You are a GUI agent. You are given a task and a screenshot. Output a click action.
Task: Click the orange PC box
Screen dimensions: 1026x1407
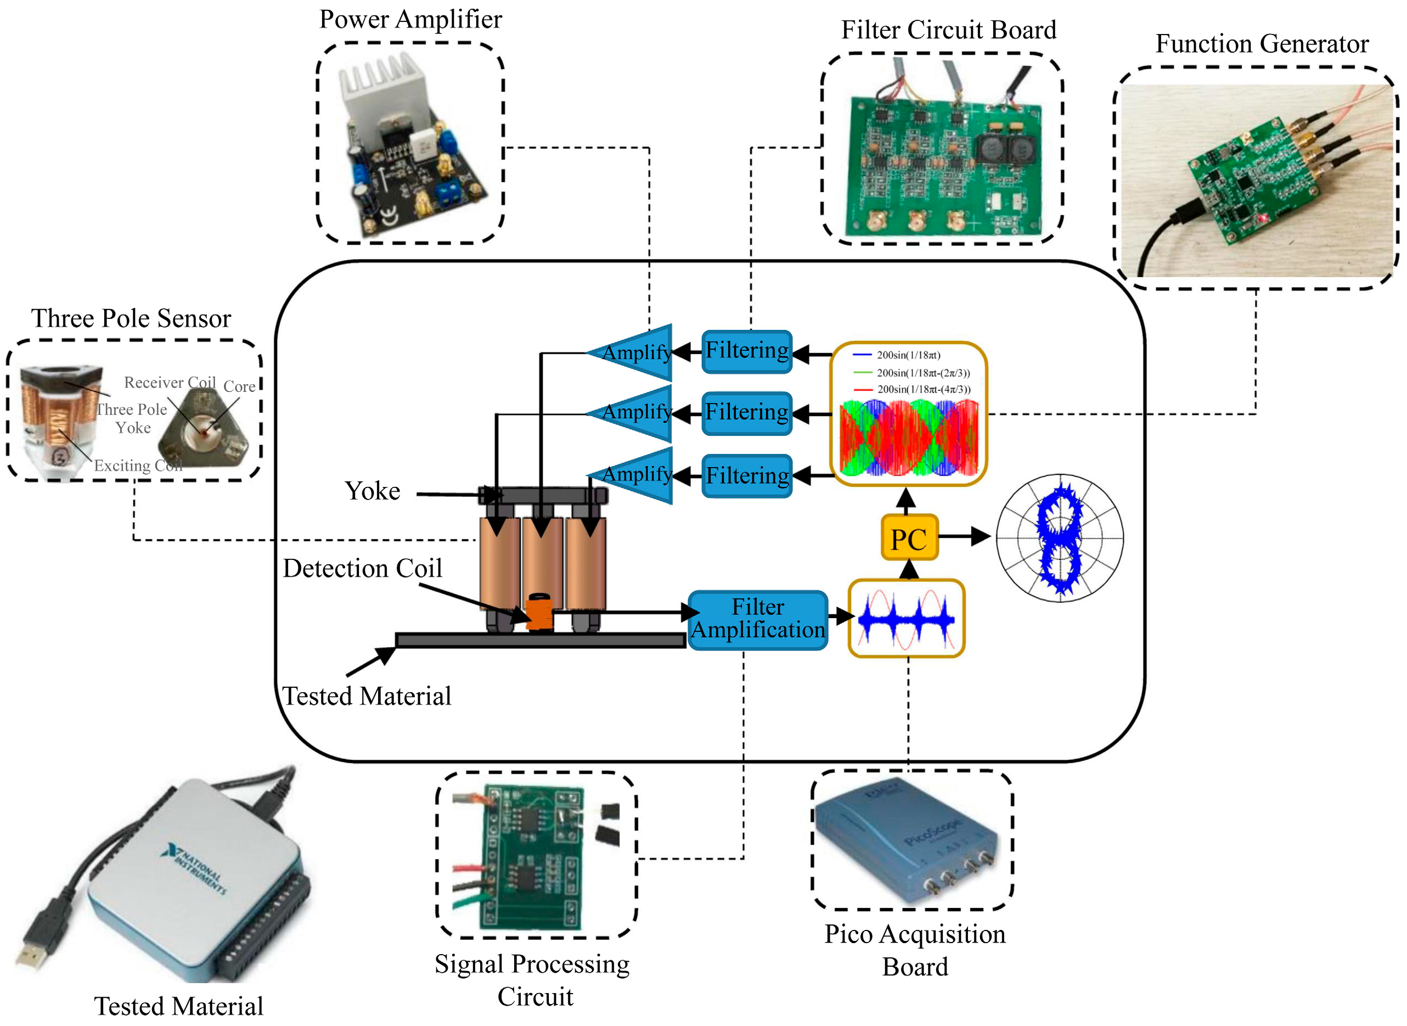tap(908, 539)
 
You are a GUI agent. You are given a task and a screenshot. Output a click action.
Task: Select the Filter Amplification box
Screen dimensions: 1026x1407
tap(757, 619)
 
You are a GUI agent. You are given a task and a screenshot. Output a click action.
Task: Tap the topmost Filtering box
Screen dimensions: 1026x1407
tap(746, 351)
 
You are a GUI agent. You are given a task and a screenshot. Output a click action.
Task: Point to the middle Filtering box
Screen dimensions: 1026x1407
tap(746, 413)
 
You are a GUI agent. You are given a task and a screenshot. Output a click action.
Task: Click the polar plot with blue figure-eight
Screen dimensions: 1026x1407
tap(1060, 539)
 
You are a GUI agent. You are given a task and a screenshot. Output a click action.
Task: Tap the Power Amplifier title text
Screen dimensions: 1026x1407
tap(410, 19)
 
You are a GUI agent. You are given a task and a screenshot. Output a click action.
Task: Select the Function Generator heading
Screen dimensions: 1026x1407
tap(1261, 44)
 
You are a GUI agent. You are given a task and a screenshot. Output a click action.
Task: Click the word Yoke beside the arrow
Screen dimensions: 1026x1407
tap(373, 491)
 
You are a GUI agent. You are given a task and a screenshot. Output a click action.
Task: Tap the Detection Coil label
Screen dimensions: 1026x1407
tap(363, 568)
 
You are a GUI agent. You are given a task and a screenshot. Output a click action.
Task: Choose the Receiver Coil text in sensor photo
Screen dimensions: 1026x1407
tap(170, 383)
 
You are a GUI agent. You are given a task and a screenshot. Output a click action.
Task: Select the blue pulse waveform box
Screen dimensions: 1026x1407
tap(906, 619)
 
